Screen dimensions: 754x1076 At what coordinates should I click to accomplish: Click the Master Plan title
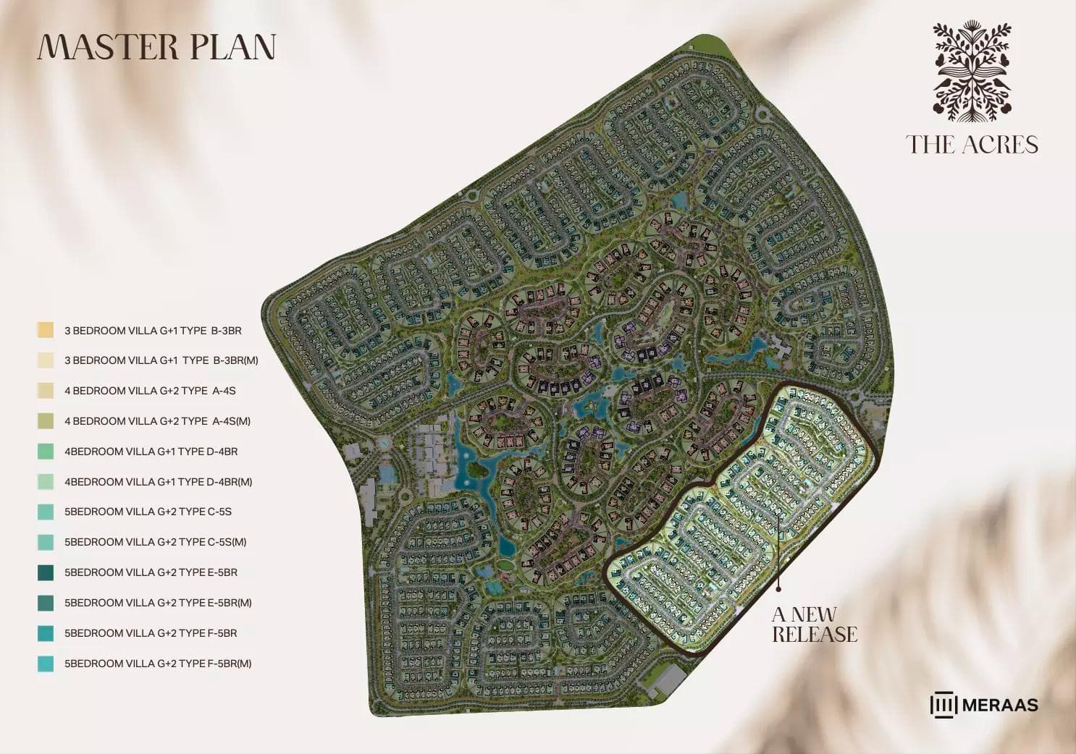pyautogui.click(x=156, y=47)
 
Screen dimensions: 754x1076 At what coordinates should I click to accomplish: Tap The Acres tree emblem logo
pyautogui.click(x=972, y=71)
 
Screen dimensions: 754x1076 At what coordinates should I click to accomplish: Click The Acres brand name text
pyautogui.click(x=972, y=145)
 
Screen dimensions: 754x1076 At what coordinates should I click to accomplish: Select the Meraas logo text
pyautogui.click(x=1000, y=705)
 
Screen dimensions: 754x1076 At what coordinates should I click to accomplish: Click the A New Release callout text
pyautogui.click(x=814, y=624)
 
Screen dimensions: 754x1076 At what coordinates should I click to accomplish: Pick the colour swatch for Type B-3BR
pyautogui.click(x=46, y=330)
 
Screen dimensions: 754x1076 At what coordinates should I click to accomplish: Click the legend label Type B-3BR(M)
pyautogui.click(x=161, y=360)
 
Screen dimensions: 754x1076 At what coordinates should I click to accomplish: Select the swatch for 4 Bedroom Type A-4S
pyautogui.click(x=46, y=391)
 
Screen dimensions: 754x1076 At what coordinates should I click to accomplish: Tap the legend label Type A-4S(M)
pyautogui.click(x=157, y=421)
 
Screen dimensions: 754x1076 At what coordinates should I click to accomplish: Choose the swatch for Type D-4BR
pyautogui.click(x=46, y=451)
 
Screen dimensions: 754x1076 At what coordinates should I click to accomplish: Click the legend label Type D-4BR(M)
pyautogui.click(x=158, y=482)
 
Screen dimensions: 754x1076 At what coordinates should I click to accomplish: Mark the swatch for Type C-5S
pyautogui.click(x=46, y=512)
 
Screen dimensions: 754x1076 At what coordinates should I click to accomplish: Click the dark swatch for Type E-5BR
pyautogui.click(x=46, y=572)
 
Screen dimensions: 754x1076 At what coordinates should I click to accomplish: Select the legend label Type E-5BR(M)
pyautogui.click(x=158, y=603)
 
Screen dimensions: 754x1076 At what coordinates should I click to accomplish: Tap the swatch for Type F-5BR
pyautogui.click(x=46, y=633)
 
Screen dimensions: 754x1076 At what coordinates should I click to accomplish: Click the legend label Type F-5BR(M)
pyautogui.click(x=158, y=664)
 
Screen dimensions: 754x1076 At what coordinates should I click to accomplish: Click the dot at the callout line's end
pyautogui.click(x=779, y=588)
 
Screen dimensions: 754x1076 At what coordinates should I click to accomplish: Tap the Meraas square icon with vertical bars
pyautogui.click(x=943, y=705)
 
